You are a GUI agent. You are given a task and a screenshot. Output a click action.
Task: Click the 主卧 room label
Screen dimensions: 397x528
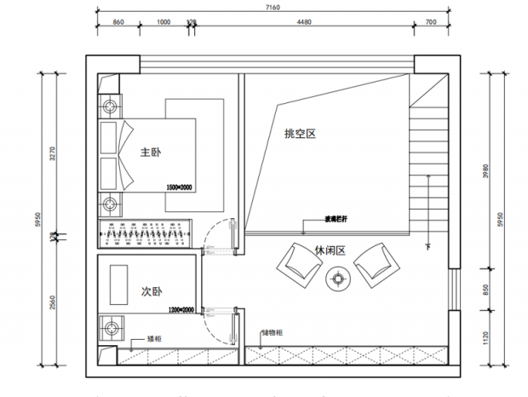(x=151, y=152)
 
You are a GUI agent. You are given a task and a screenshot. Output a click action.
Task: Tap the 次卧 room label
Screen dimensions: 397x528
(x=151, y=292)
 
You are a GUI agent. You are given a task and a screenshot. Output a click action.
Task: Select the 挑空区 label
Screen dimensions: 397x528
(x=300, y=134)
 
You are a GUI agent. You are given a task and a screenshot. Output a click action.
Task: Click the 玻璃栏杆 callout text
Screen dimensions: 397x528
(x=335, y=219)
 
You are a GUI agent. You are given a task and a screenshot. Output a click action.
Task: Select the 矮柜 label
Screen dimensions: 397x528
(x=154, y=338)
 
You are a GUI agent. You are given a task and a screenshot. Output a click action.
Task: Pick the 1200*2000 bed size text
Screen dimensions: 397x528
(x=181, y=310)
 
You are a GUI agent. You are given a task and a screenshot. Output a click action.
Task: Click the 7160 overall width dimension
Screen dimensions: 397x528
(x=273, y=7)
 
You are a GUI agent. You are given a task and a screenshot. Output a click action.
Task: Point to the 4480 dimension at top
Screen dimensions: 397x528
(x=302, y=23)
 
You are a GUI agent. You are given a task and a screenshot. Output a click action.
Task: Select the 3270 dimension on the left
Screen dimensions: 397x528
(x=52, y=153)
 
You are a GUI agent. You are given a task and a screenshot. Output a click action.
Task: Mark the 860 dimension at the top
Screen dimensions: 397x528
(x=118, y=23)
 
